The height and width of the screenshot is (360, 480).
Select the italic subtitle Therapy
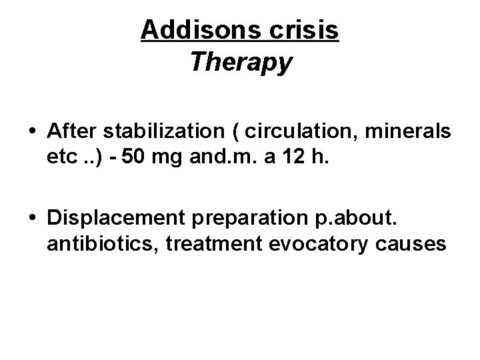click(x=241, y=62)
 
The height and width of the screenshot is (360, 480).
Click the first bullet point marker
click(x=33, y=133)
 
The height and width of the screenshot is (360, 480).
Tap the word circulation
click(x=294, y=133)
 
